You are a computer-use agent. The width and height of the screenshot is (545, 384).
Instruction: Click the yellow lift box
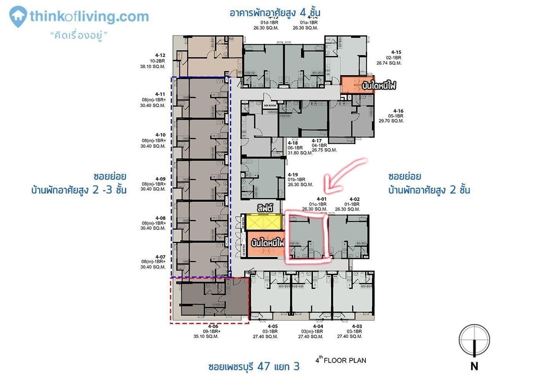(x=264, y=222)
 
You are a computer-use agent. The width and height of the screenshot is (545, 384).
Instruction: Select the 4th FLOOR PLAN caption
(x=341, y=361)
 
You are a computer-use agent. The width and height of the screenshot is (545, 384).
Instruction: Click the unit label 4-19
(x=293, y=175)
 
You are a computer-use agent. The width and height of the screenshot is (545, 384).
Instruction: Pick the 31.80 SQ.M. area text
(x=300, y=153)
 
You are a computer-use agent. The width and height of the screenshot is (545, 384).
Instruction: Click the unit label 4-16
(x=398, y=111)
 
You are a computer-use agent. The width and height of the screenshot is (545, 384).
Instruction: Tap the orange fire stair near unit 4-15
(x=357, y=85)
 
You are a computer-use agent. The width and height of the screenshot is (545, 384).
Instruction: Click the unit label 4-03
(x=357, y=326)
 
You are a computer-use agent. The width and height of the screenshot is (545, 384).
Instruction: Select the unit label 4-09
(x=160, y=179)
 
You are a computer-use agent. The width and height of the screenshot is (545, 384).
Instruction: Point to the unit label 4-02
(x=354, y=199)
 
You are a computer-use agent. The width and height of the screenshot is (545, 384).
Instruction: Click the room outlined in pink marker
(x=307, y=238)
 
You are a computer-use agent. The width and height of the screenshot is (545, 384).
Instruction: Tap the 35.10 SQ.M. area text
(x=213, y=337)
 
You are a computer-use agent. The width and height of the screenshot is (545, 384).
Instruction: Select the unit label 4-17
(x=317, y=141)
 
